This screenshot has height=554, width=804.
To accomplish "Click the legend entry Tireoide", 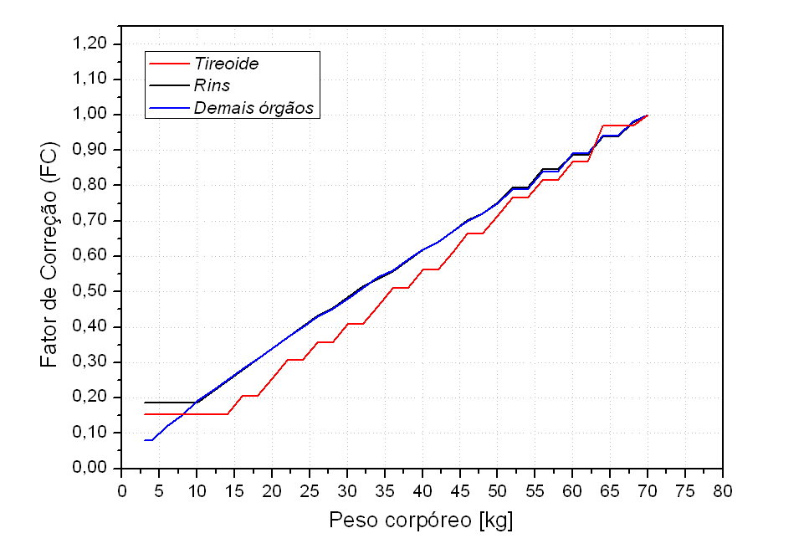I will (225, 64).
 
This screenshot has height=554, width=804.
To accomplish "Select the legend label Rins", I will (212, 85).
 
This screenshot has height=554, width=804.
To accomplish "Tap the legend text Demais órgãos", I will (253, 107).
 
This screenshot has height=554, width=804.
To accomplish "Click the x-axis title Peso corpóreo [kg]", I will (422, 521).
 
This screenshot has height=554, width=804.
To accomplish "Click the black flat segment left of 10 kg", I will (167, 403).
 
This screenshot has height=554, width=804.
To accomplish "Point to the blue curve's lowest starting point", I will (146, 440).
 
